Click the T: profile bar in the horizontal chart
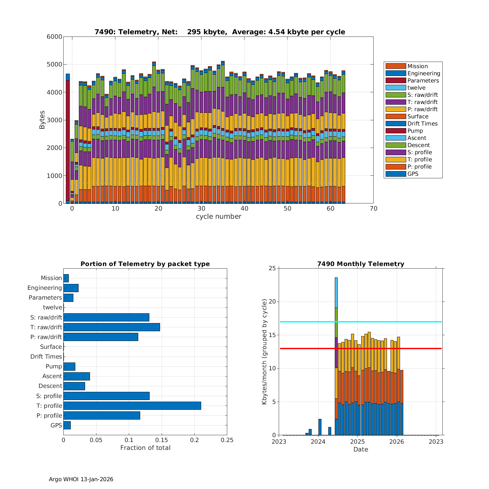click(x=132, y=406)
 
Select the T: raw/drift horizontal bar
click(x=111, y=327)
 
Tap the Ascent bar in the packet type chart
click(x=77, y=376)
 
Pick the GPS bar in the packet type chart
click(x=67, y=425)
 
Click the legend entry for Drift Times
click(x=422, y=124)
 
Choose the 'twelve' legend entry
click(x=416, y=88)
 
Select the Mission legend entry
click(x=417, y=66)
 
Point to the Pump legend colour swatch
click(x=395, y=131)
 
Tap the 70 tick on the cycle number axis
click(x=374, y=209)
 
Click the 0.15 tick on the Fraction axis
click(x=162, y=440)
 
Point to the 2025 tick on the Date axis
click(x=357, y=442)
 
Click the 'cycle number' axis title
click(x=218, y=216)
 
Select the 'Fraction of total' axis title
click(x=145, y=448)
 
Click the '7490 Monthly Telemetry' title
click(x=361, y=264)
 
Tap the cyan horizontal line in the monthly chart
click(x=391, y=322)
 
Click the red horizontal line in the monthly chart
click(x=391, y=348)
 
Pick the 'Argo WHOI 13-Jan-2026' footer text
click(x=81, y=479)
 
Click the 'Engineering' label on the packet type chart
click(x=45, y=288)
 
